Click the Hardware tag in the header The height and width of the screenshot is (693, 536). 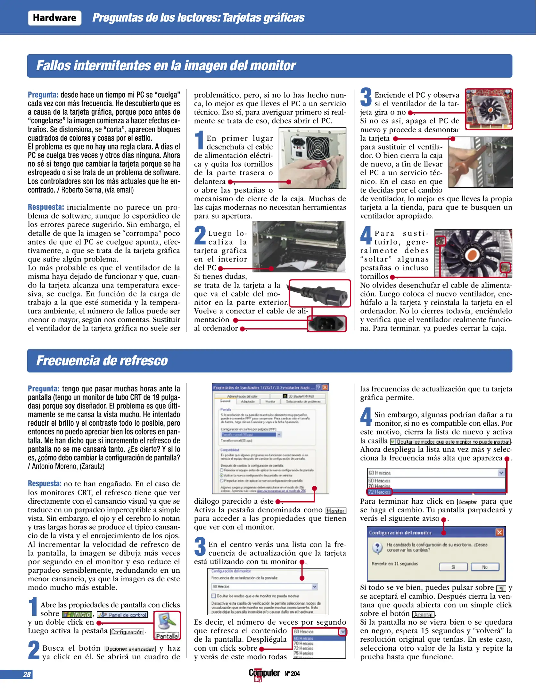(54, 18)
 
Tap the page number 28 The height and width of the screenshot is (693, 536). (27, 674)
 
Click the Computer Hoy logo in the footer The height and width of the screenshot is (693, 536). (264, 674)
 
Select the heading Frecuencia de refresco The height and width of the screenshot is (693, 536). (102, 361)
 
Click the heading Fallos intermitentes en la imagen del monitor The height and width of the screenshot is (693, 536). (166, 66)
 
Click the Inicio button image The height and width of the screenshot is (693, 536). (77, 615)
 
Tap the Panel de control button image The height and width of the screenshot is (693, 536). (123, 615)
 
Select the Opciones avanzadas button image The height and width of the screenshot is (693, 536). (130, 649)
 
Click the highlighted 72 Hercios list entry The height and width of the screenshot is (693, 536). (379, 492)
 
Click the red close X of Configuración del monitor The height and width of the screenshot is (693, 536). (499, 533)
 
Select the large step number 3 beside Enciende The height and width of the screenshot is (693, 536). (366, 97)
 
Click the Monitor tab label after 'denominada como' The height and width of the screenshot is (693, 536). (336, 511)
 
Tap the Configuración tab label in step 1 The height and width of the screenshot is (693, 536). (127, 632)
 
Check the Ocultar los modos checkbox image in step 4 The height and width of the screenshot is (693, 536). (393, 442)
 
